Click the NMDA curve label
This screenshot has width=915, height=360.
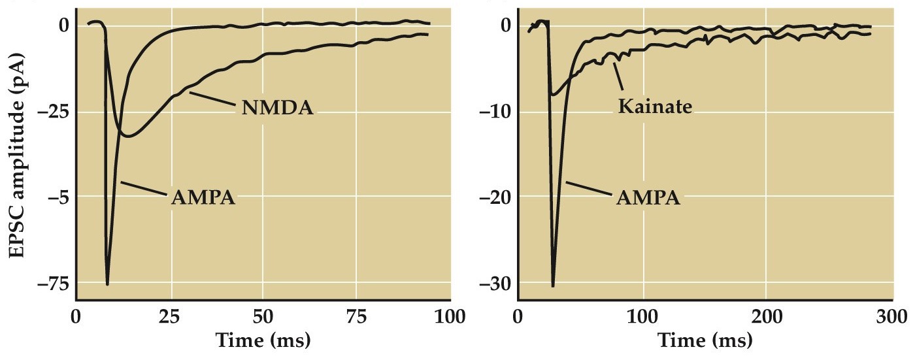tap(277, 108)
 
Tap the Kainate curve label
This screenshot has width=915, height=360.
tap(655, 106)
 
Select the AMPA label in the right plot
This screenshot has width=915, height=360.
tap(648, 197)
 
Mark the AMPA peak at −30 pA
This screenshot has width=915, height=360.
tap(553, 286)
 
